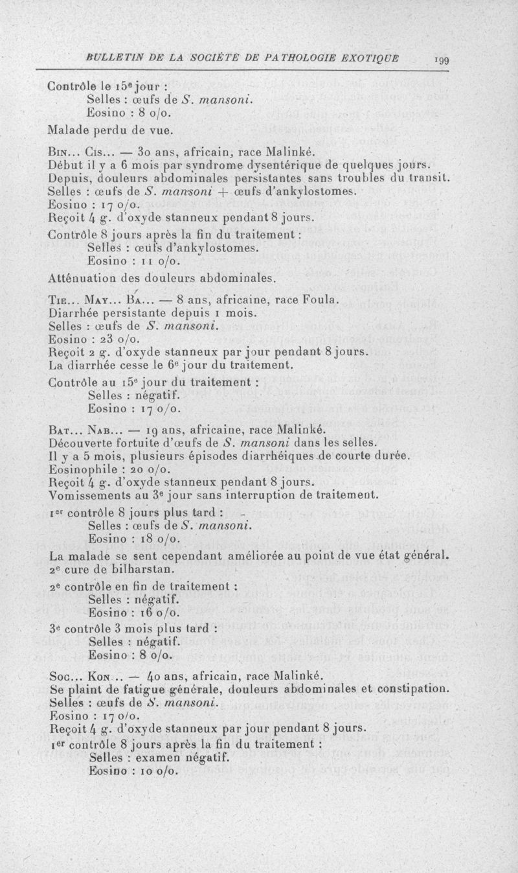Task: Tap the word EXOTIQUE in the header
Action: [x=372, y=58]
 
